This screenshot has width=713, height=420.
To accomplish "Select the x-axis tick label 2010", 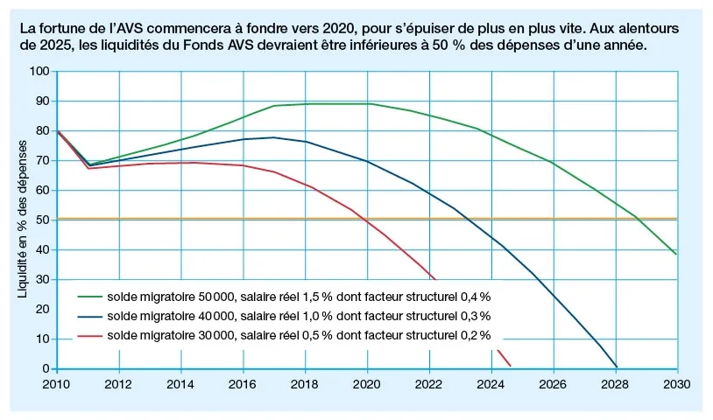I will tap(56, 384).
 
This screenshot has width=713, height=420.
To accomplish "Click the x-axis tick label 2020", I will tap(367, 384).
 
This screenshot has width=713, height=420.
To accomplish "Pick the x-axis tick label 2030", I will tap(676, 384).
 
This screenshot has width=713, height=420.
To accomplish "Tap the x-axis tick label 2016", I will tap(243, 384).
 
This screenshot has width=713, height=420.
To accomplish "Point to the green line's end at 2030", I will tap(676, 255).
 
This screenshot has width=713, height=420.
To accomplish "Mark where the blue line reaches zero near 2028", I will tap(617, 367).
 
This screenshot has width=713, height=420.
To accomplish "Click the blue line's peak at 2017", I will tap(274, 137).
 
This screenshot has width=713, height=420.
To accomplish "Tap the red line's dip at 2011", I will tap(88, 168).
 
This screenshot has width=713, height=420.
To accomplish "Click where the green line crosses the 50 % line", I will tap(637, 219).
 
